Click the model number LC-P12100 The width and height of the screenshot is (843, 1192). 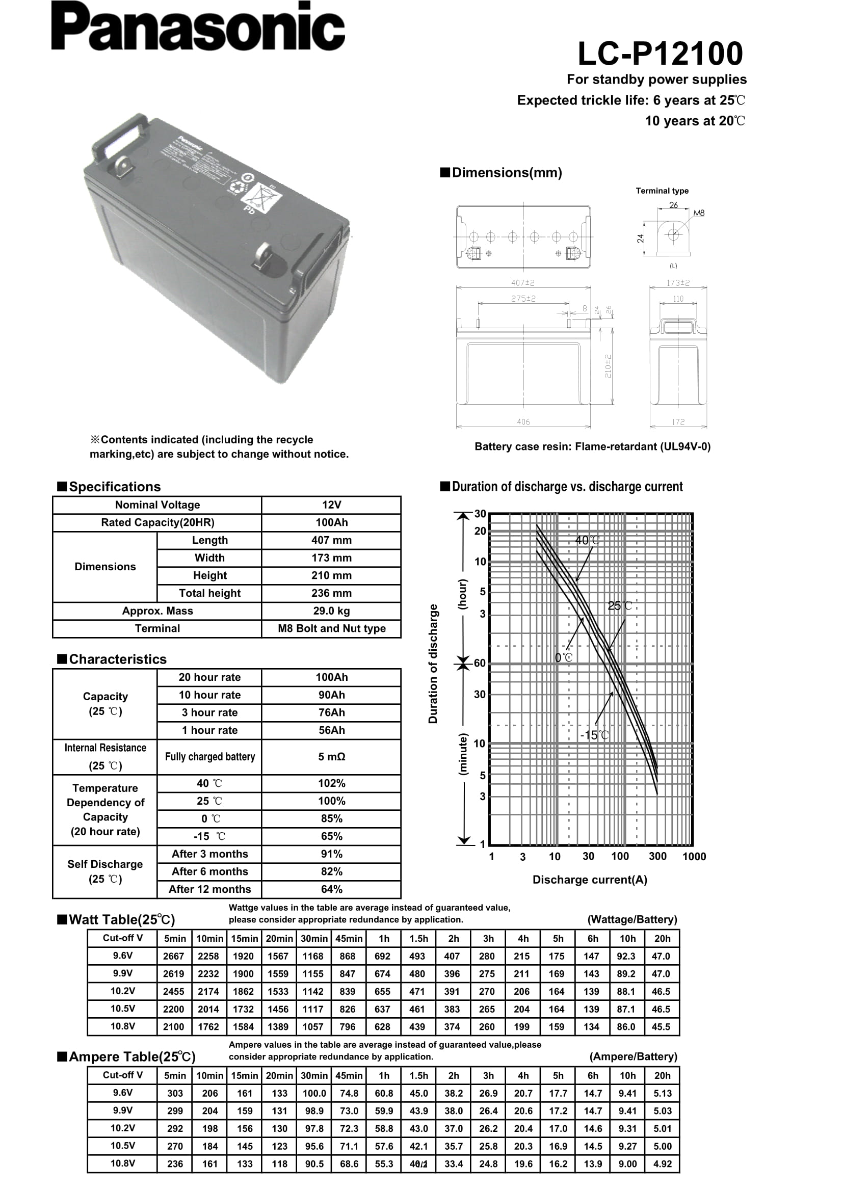point(660,54)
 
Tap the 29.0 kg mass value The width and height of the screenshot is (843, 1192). point(331,611)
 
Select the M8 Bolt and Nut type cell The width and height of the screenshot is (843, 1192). point(331,628)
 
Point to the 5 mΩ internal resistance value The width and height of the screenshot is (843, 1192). point(331,756)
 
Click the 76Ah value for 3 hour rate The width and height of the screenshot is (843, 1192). point(331,712)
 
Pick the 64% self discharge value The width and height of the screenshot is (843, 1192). point(331,889)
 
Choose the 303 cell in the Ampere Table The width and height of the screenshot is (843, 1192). point(175,1093)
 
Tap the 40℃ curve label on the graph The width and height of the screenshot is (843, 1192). point(587,540)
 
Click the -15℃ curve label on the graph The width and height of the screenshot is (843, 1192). point(594,735)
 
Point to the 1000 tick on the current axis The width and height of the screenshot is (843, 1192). point(694,857)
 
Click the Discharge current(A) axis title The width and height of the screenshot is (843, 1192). point(590,880)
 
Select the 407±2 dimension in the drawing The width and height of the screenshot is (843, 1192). point(523,283)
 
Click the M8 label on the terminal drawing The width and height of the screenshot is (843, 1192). point(699,213)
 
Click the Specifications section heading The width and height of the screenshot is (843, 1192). point(115,487)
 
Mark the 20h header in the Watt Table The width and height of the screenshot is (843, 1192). point(662,938)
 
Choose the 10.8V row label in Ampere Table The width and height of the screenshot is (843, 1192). point(122,1163)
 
